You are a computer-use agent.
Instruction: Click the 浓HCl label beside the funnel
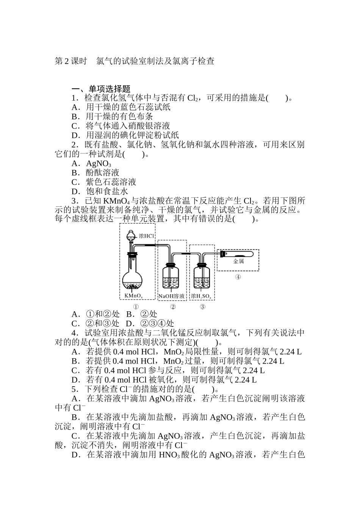(146, 236)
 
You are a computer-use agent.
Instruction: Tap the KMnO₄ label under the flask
(133, 295)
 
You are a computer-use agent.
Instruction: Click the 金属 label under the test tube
(238, 261)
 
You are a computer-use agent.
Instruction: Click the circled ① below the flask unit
(135, 307)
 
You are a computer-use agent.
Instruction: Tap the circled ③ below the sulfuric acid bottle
(202, 307)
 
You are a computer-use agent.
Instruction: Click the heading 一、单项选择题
(101, 89)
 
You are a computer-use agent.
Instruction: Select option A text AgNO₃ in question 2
(99, 164)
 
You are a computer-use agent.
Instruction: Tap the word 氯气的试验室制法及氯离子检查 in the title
(155, 61)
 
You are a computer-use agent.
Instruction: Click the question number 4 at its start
(74, 333)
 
